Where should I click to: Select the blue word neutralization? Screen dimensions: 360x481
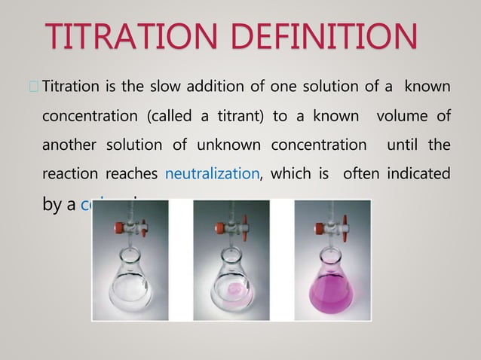[x=212, y=175]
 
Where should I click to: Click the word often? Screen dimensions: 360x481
[x=359, y=175]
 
